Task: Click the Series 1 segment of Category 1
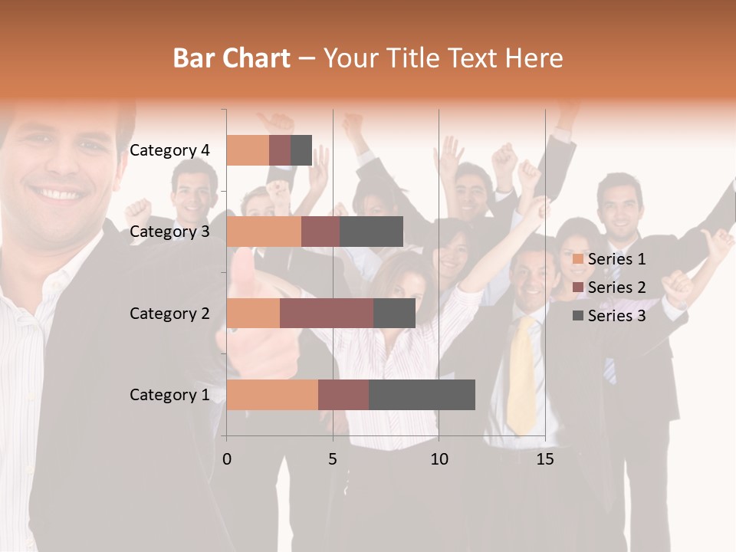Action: pyautogui.click(x=272, y=394)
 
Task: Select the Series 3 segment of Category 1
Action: pyautogui.click(x=422, y=394)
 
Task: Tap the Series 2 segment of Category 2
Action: pyautogui.click(x=327, y=313)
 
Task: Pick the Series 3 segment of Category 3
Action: pyautogui.click(x=371, y=232)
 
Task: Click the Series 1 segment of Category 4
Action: pyautogui.click(x=248, y=150)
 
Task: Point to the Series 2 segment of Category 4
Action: pyautogui.click(x=280, y=150)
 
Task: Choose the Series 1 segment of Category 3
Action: pyautogui.click(x=264, y=232)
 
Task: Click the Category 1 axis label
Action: pyautogui.click(x=169, y=395)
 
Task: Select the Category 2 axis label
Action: pyautogui.click(x=169, y=314)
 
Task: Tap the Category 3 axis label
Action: pyautogui.click(x=169, y=232)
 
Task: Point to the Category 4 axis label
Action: pyautogui.click(x=169, y=150)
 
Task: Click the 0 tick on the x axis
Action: pyautogui.click(x=227, y=459)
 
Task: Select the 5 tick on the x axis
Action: pyautogui.click(x=333, y=459)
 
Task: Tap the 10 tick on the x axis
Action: pyautogui.click(x=439, y=459)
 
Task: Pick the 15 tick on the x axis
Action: pyautogui.click(x=545, y=459)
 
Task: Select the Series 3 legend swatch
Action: pyautogui.click(x=578, y=316)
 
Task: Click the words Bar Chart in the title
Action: pyautogui.click(x=232, y=58)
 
